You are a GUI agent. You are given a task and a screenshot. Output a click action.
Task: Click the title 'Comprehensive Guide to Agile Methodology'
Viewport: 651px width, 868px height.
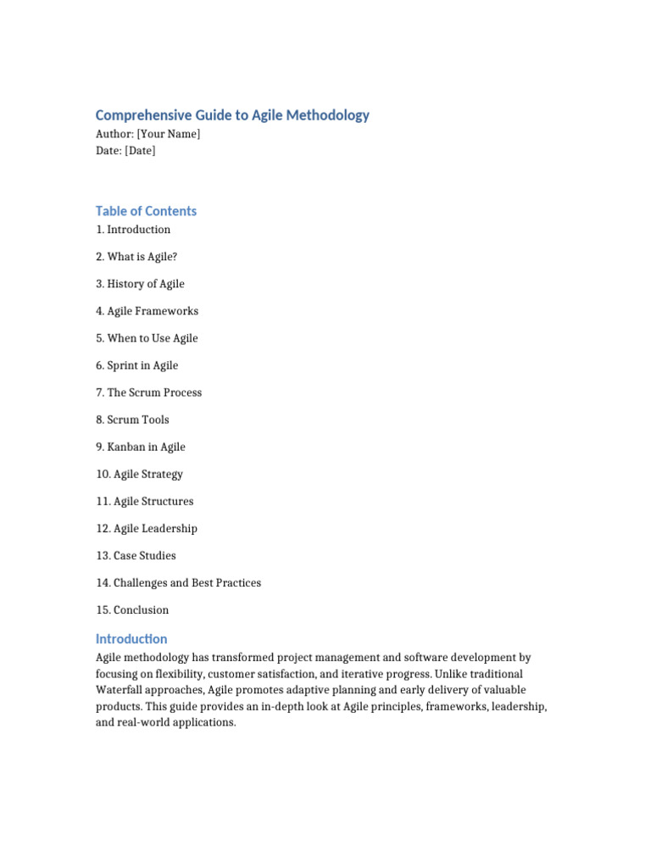tap(232, 115)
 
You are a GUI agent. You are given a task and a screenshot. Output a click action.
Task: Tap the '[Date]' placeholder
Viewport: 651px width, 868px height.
tap(140, 151)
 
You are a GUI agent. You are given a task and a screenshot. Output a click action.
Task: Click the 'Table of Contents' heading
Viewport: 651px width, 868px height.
tap(146, 211)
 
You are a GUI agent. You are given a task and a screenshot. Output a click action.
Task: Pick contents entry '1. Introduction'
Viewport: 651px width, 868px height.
tap(133, 230)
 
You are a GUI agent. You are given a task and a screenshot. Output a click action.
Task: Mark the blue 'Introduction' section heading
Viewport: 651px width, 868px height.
tap(131, 639)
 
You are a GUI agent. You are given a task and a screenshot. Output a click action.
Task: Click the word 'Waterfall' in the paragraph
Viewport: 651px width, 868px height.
tap(120, 690)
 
